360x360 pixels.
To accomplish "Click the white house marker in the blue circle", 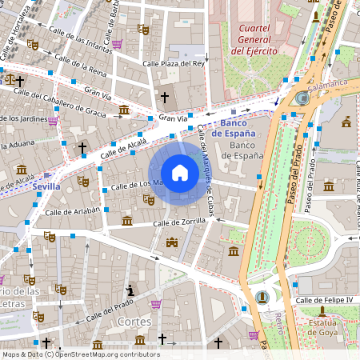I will click(180, 173).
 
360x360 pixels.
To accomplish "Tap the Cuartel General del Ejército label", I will click(254, 39).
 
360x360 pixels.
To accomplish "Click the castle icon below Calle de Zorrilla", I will click(171, 242).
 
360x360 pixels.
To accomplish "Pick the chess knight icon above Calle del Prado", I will click(130, 289).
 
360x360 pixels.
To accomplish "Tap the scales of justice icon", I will click(10, 79).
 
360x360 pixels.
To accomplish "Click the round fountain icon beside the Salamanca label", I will click(302, 98).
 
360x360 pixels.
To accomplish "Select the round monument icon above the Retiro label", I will click(262, 298).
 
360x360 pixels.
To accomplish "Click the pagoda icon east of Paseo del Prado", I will click(346, 122).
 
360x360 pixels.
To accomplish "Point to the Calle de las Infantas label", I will click(79, 38).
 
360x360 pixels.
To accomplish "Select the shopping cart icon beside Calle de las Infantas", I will click(118, 44).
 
